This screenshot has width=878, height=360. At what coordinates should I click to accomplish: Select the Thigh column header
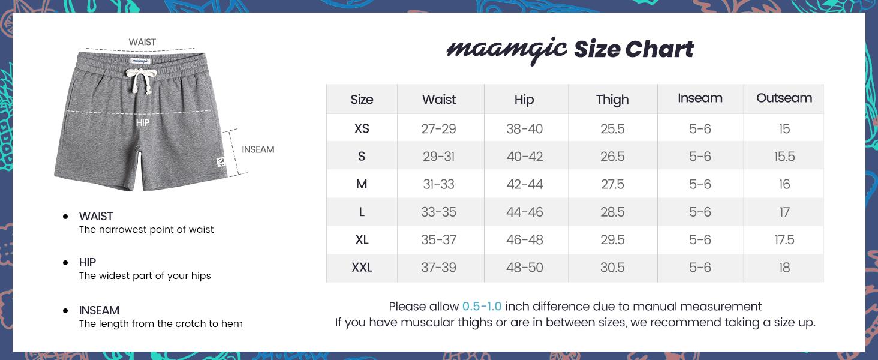pyautogui.click(x=612, y=100)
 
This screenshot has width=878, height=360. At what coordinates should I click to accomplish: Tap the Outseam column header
pyautogui.click(x=784, y=98)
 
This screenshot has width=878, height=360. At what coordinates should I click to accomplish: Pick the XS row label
pyautogui.click(x=362, y=128)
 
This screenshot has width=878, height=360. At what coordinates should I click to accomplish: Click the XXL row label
pyautogui.click(x=362, y=268)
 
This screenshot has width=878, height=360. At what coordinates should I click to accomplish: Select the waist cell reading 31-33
pyautogui.click(x=439, y=184)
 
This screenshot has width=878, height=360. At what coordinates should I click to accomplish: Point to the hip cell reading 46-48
pyautogui.click(x=524, y=240)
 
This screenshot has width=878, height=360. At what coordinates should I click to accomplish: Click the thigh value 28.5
pyautogui.click(x=612, y=212)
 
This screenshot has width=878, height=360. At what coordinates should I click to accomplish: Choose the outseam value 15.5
pyautogui.click(x=784, y=157)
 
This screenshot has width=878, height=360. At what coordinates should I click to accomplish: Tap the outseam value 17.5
pyautogui.click(x=784, y=240)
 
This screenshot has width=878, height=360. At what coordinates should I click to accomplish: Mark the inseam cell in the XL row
pyautogui.click(x=700, y=240)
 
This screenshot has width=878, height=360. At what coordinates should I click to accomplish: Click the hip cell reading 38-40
pyautogui.click(x=524, y=128)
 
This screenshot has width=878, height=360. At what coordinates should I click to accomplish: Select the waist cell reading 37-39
pyautogui.click(x=439, y=268)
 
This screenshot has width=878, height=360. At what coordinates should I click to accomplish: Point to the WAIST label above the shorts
pyautogui.click(x=142, y=42)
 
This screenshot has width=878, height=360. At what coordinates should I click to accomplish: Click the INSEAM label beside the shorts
pyautogui.click(x=258, y=149)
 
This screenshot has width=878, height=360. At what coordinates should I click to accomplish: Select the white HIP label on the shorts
pyautogui.click(x=143, y=122)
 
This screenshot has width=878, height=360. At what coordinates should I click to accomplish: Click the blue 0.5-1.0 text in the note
pyautogui.click(x=482, y=307)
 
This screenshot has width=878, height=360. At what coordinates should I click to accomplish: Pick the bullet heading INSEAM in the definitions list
pyautogui.click(x=99, y=310)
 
